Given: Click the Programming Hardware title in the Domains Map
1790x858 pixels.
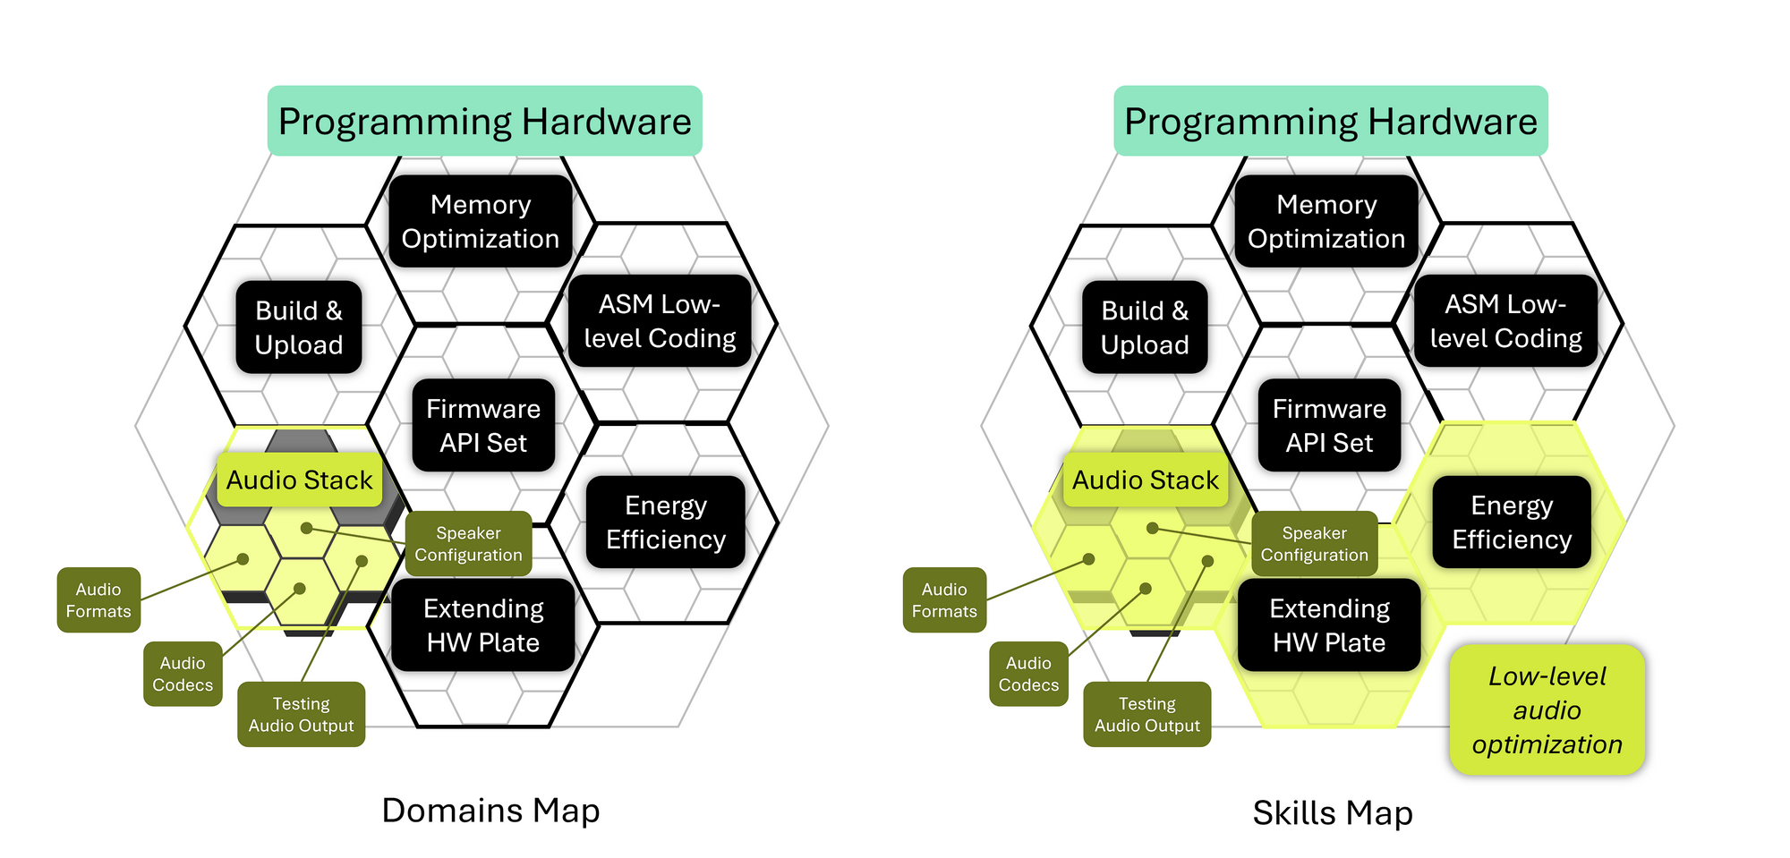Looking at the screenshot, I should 484,121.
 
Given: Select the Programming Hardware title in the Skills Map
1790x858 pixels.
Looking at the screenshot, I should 1330,121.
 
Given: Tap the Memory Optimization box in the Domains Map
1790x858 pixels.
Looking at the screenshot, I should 481,221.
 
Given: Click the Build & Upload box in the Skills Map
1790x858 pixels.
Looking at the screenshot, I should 1145,327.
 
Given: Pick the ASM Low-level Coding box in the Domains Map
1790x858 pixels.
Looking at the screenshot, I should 660,321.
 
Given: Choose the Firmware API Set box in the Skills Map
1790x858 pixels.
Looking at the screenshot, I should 1329,426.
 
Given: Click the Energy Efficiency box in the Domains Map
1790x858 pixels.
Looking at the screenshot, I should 666,522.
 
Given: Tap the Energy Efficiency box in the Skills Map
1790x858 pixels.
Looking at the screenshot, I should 1512,522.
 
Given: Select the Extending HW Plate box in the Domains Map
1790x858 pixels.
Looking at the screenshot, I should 483,625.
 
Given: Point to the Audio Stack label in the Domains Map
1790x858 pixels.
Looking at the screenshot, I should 299,480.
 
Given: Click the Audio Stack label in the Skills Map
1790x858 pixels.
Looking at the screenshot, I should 1145,480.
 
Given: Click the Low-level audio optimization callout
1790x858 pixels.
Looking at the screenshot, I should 1547,710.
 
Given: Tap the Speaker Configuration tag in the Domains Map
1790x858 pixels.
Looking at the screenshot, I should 468,544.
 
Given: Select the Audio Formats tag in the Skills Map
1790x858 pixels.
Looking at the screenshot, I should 944,600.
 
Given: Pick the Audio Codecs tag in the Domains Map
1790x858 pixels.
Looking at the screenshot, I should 183,674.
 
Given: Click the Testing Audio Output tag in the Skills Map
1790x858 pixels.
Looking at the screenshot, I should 1146,715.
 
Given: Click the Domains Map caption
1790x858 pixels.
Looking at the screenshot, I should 490,811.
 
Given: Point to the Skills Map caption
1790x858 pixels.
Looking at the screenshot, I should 1333,813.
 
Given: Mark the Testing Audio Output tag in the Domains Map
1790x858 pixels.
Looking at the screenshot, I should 301,715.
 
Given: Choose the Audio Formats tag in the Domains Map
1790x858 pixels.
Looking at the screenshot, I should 98,600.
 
